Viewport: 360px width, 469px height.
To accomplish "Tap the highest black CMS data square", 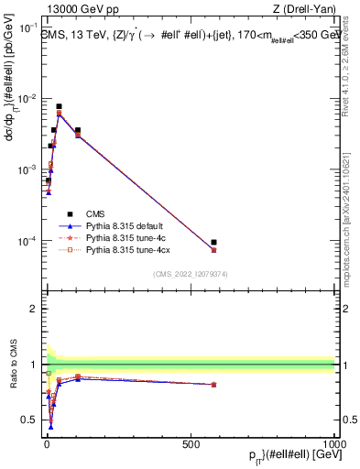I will (59, 106).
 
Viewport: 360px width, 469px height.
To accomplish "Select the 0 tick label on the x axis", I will (46, 444).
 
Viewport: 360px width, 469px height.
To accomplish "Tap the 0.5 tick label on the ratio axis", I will (28, 420).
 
